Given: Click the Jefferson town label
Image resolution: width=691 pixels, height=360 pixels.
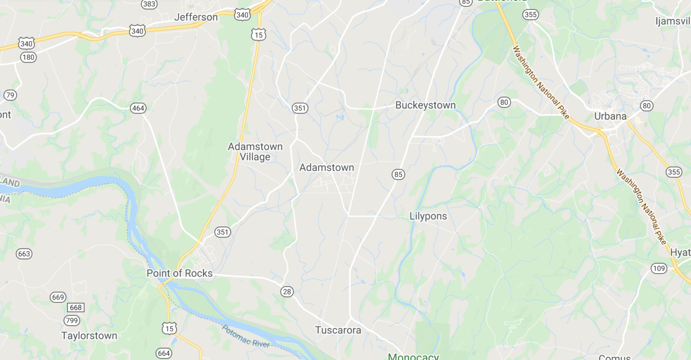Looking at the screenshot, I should tap(196, 17).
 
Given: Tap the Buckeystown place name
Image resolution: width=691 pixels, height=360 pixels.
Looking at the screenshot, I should tap(425, 105).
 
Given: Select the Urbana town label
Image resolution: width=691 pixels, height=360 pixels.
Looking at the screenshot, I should tap(610, 116).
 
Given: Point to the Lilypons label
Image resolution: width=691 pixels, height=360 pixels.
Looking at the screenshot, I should tap(428, 216).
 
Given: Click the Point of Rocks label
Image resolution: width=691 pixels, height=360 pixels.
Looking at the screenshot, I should tap(179, 273).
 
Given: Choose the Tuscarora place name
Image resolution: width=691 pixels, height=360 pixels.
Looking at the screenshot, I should tap(338, 330).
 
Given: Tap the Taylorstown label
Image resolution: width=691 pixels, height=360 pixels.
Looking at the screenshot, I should tap(89, 336).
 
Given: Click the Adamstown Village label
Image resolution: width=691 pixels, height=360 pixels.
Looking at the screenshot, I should tap(255, 152).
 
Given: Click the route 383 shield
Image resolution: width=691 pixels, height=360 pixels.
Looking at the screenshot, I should tap(149, 4).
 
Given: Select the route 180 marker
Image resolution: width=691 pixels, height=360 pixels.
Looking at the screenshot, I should tap(28, 57).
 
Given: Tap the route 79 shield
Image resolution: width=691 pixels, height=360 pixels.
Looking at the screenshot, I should tap(10, 95).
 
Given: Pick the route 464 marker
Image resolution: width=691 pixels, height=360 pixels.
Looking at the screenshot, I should tap(138, 108).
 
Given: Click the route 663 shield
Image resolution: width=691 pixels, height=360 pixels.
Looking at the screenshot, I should tap(24, 254).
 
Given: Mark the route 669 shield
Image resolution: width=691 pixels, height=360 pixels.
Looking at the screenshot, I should tap(58, 297).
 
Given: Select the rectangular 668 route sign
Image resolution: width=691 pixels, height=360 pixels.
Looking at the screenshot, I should tap(76, 308).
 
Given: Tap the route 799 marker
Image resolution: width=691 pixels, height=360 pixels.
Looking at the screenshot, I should tap(72, 320).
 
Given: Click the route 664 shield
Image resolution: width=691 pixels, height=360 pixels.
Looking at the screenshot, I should tap(164, 353).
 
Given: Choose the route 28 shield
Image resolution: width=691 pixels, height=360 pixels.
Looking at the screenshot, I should tap(287, 292).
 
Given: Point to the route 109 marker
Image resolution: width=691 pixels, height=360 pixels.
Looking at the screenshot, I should tap(659, 269).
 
